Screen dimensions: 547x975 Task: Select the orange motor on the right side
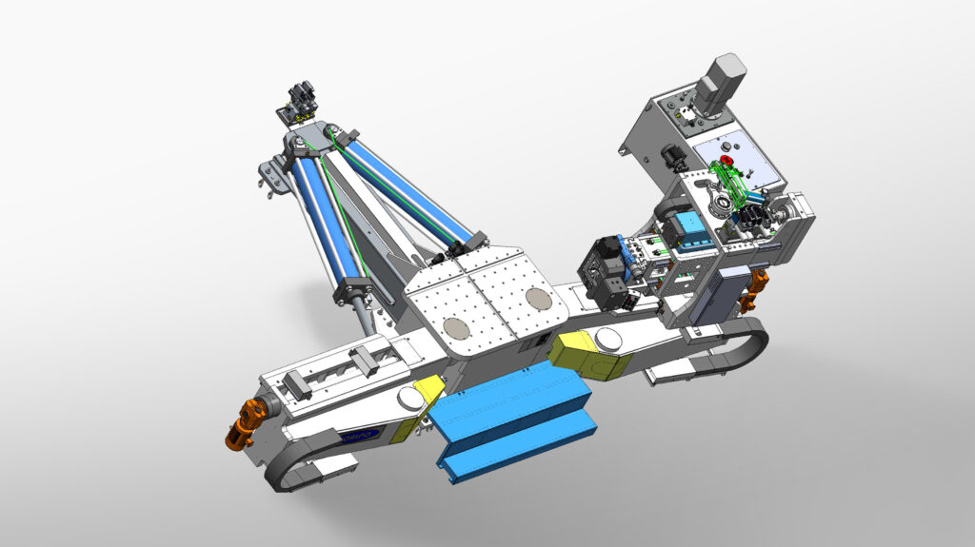[757, 288]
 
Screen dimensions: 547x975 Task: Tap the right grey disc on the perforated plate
[538, 298]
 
